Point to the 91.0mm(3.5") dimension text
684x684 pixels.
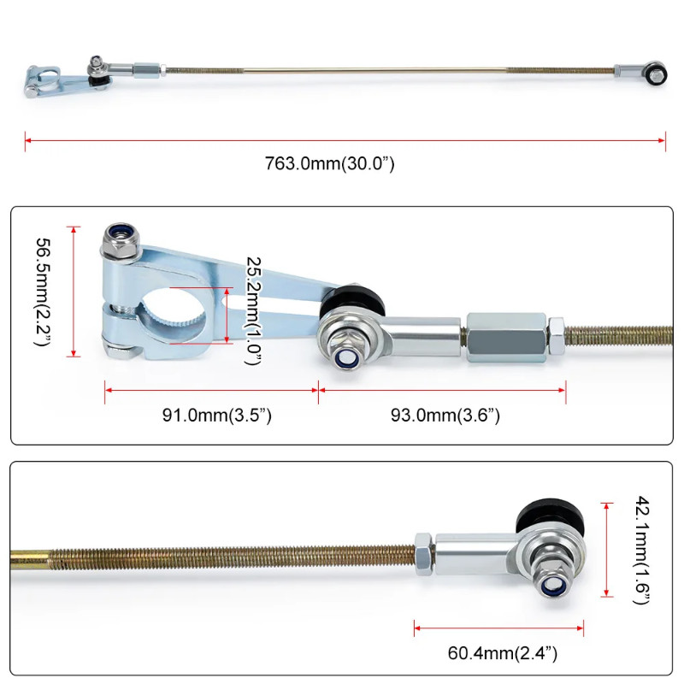[217, 416]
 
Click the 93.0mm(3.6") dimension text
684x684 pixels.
[445, 416]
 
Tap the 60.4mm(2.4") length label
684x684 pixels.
[503, 654]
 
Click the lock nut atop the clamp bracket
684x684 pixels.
[117, 241]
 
